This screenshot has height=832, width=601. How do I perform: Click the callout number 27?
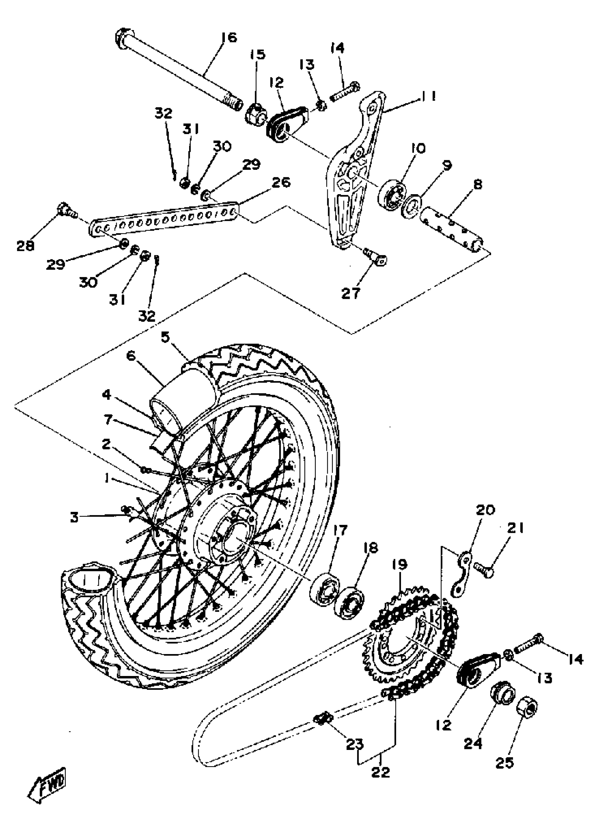351,294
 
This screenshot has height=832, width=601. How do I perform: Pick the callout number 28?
25,246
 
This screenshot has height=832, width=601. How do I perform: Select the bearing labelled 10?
392,195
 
